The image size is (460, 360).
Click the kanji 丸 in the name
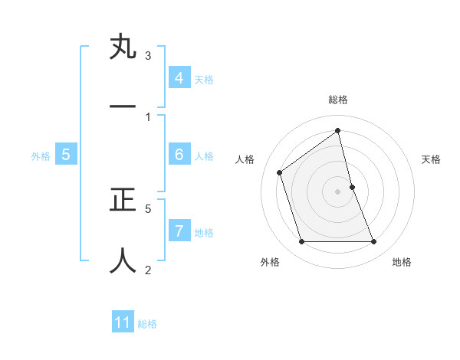123,47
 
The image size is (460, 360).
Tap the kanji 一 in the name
123,107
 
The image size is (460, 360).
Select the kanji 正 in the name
123,200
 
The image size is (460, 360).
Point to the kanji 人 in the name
123,260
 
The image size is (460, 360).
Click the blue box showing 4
179,78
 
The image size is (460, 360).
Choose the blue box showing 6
179,155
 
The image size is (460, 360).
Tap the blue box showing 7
179,231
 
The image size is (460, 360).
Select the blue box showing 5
66,155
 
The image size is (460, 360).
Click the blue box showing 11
123,322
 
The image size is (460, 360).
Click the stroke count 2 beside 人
148,269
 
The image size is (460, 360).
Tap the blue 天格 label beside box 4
204,80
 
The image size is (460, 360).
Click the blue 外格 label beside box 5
41,156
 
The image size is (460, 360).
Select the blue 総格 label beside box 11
147,324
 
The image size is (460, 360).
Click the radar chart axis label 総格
338,100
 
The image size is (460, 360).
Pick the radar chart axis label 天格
432,159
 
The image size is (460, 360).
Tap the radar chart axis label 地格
402,263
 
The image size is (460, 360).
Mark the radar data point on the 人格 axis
280,172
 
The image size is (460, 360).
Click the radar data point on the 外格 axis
301,242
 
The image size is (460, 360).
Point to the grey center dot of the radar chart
338,191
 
